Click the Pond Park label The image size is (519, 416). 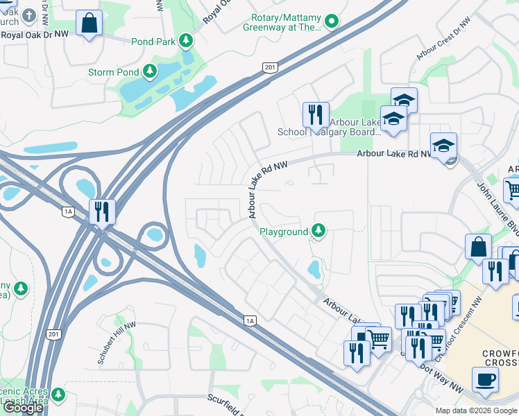coord(155,42)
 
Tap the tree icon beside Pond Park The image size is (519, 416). coord(186,41)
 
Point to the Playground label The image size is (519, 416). coord(283,232)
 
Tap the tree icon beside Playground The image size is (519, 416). coord(318,229)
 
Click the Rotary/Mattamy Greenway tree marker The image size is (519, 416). coord(332,21)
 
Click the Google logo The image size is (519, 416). coord(23,408)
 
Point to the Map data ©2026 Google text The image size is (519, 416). coord(477,410)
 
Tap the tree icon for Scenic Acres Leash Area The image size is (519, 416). coord(58,394)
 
